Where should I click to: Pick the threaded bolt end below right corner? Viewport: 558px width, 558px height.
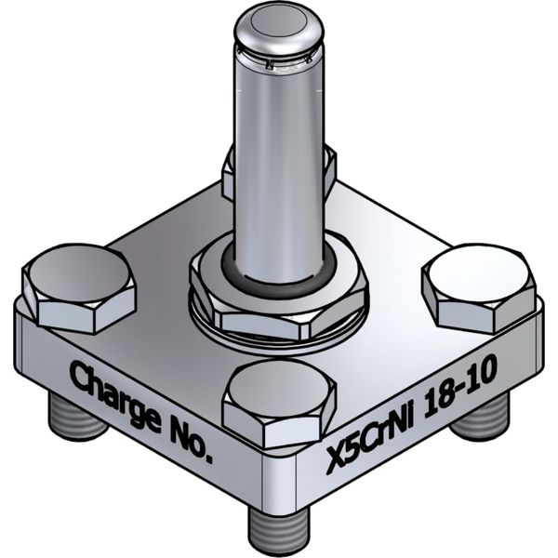click(481, 418)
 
